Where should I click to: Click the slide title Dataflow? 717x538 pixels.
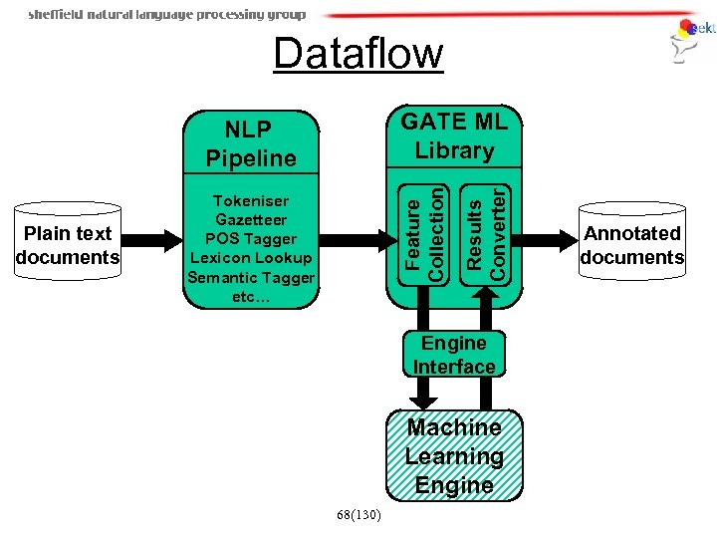tap(358, 54)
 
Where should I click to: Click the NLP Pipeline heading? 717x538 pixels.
tap(251, 143)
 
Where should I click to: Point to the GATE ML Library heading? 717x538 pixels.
tap(454, 135)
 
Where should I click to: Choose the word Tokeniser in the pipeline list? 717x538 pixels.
tap(251, 200)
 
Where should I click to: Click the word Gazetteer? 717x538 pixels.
tap(251, 219)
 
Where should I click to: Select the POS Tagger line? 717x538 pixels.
tap(251, 239)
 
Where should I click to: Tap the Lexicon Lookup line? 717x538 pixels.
tap(251, 258)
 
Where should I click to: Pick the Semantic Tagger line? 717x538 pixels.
tap(251, 277)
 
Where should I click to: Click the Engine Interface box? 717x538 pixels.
tap(454, 355)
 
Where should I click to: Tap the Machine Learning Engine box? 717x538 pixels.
tap(454, 456)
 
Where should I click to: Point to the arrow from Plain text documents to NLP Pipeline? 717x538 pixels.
tap(152, 240)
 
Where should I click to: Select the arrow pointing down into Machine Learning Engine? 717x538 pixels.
tap(424, 389)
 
